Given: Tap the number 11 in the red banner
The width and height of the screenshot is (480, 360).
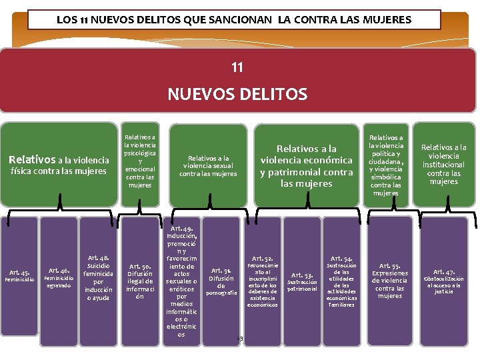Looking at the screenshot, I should (x=237, y=67).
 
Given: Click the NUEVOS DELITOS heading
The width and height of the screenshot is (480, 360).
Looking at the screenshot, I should (x=237, y=94).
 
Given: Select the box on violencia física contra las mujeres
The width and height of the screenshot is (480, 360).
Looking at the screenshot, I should (x=58, y=165).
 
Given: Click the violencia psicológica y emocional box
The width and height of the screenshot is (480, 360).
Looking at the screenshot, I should (x=140, y=161).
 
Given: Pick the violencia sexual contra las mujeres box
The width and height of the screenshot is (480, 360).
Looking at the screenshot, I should (x=207, y=165).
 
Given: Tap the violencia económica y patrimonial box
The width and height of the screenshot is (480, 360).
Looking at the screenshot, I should (x=306, y=165).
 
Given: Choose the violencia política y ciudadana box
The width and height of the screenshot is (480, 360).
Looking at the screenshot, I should (x=386, y=165).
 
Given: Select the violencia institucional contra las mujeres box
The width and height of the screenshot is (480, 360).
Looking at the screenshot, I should (x=444, y=165).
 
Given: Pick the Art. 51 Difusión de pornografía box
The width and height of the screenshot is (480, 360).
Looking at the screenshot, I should (x=221, y=280).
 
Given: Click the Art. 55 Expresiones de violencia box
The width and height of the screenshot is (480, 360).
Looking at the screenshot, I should (x=390, y=280).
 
